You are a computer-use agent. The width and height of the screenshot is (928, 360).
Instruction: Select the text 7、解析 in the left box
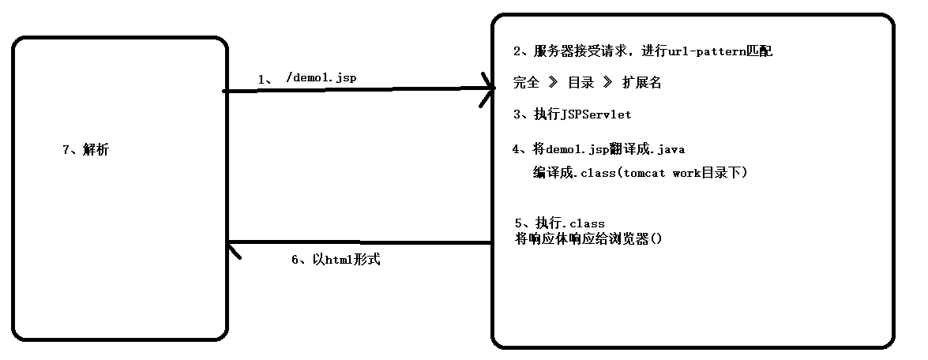click(x=85, y=150)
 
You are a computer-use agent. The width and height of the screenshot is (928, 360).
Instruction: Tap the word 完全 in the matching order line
click(x=526, y=83)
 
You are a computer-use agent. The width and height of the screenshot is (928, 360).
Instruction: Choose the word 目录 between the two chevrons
click(x=580, y=83)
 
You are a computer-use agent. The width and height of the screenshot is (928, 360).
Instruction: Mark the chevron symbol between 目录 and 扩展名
click(x=608, y=83)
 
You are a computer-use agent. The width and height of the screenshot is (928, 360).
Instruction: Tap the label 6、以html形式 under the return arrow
click(x=336, y=260)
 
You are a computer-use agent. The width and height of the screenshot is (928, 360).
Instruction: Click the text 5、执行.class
click(x=558, y=223)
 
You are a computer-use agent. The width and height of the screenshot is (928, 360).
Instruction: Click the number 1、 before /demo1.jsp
click(x=265, y=79)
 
